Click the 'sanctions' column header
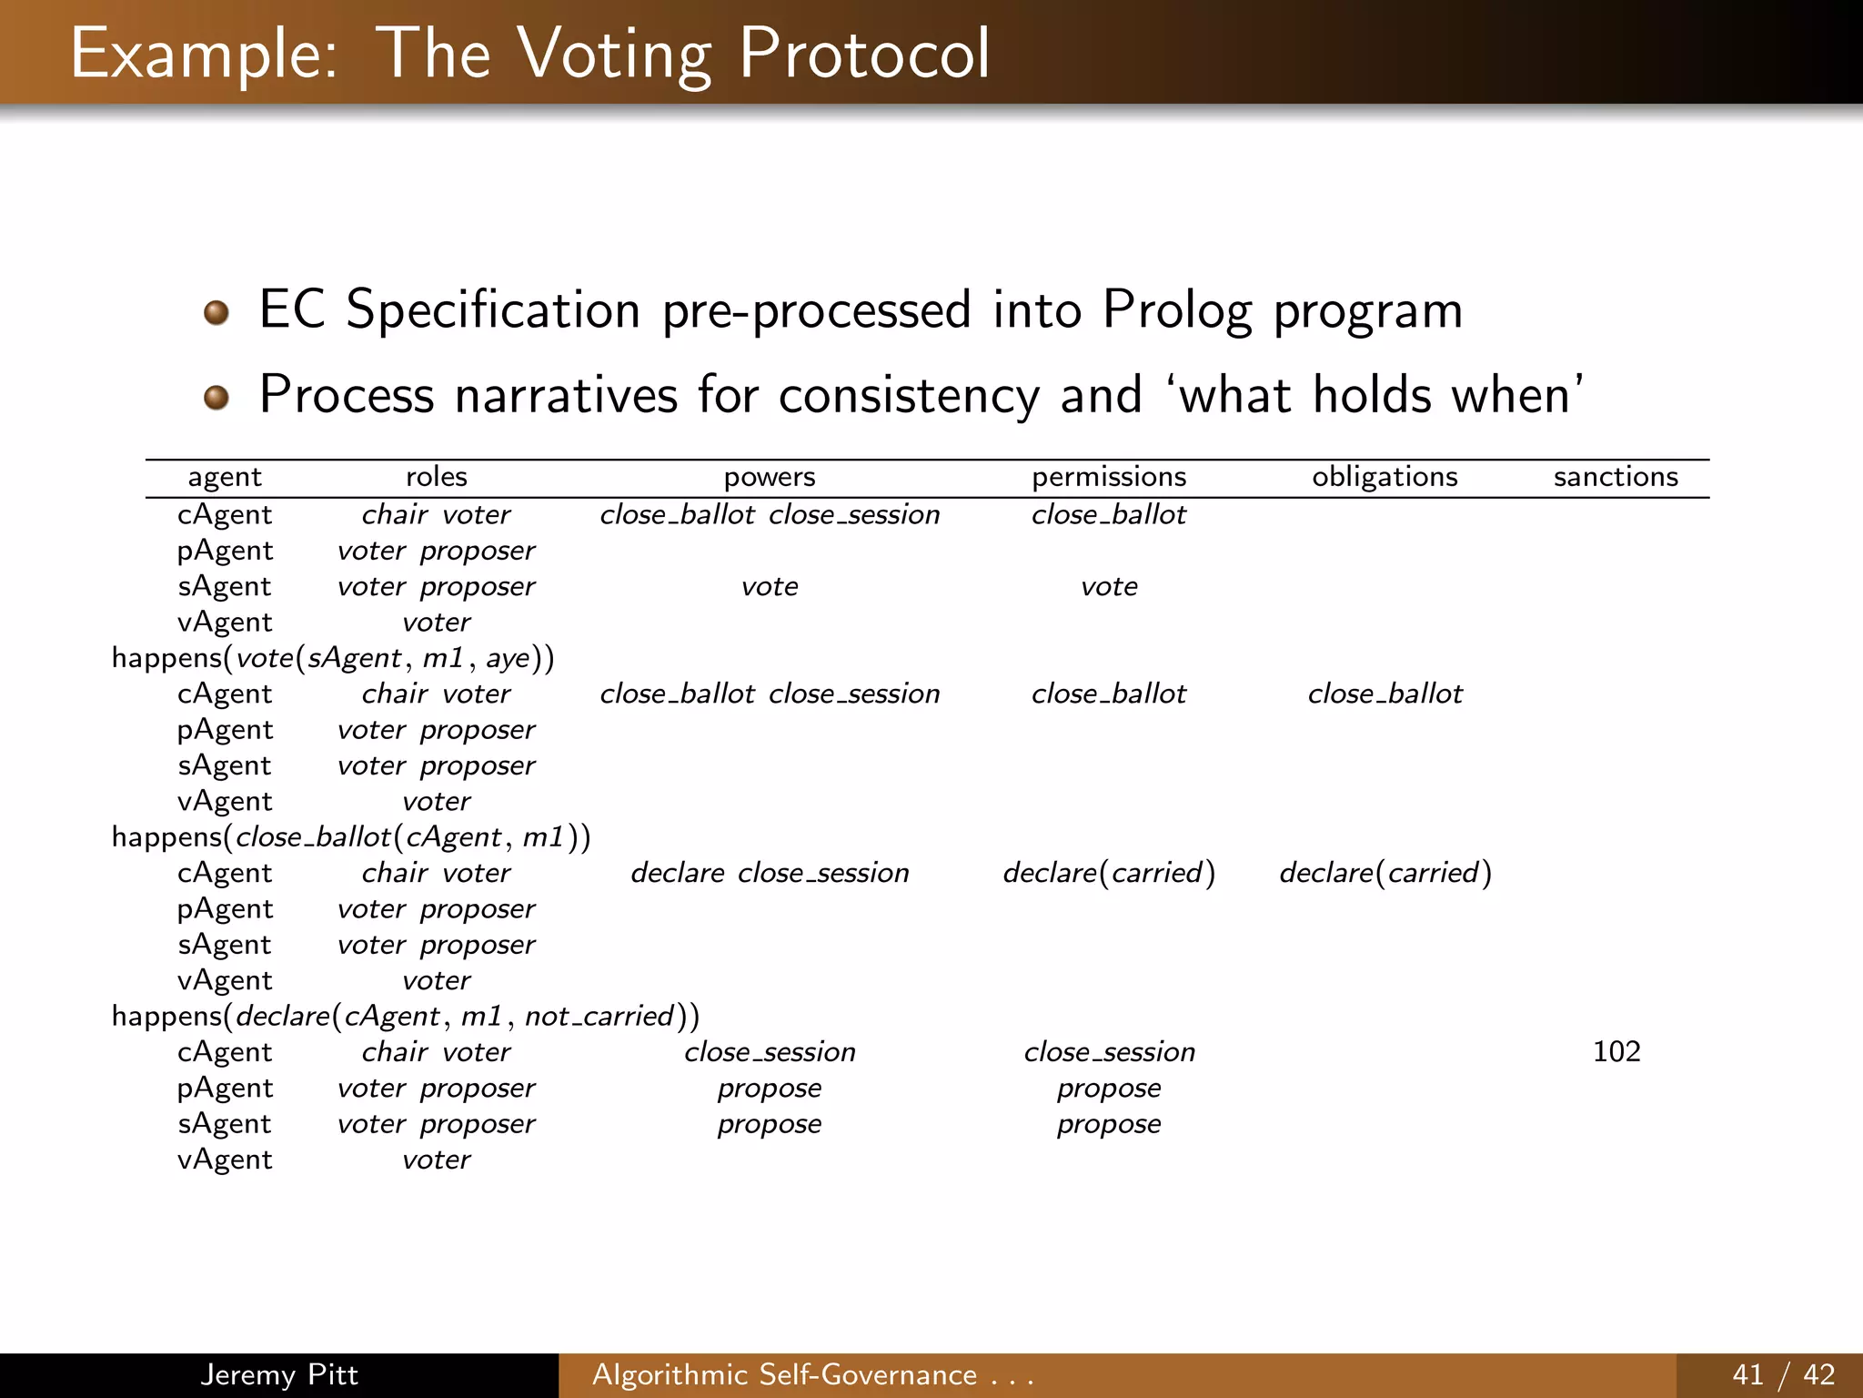[x=1616, y=477]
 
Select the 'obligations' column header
[x=1385, y=477]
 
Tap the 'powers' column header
[x=770, y=477]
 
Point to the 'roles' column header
[x=437, y=477]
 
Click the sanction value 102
[x=1616, y=1052]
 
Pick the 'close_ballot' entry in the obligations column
[x=1385, y=694]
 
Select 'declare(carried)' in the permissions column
[x=1109, y=874]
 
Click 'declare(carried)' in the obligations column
[x=1385, y=874]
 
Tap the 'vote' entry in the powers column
[x=770, y=587]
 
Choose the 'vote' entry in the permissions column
[x=1109, y=587]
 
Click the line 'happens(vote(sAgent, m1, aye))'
[x=333, y=658]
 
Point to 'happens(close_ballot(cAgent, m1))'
[x=351, y=837]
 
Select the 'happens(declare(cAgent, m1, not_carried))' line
[x=406, y=1016]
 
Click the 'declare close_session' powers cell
[x=770, y=874]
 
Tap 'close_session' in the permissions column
[x=1109, y=1052]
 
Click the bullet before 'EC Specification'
[x=216, y=313]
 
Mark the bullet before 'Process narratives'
[x=216, y=398]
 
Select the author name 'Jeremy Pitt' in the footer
[x=279, y=1374]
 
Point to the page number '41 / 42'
[x=1783, y=1374]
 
